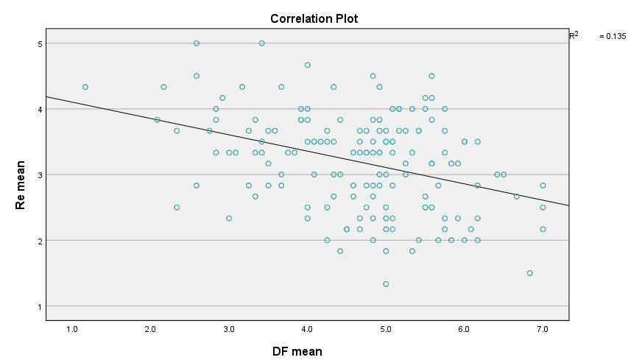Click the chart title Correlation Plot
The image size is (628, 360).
(x=314, y=18)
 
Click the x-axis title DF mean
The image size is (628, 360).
(x=297, y=352)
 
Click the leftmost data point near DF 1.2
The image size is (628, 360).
(x=85, y=87)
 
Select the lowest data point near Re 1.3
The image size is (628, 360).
(x=386, y=283)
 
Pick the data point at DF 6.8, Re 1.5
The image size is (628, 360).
(x=529, y=273)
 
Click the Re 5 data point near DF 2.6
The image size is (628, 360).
(x=197, y=43)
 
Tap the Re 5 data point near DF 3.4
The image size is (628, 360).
(x=261, y=43)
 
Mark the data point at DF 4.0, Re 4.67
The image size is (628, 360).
(x=308, y=65)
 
